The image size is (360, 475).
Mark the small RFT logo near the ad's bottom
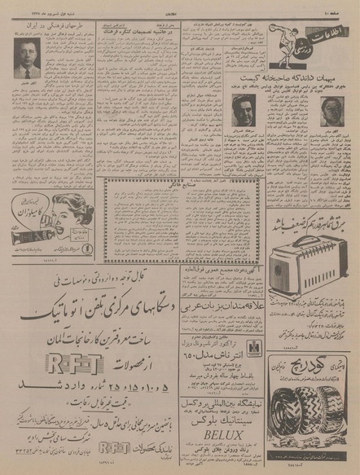tap(114, 446)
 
